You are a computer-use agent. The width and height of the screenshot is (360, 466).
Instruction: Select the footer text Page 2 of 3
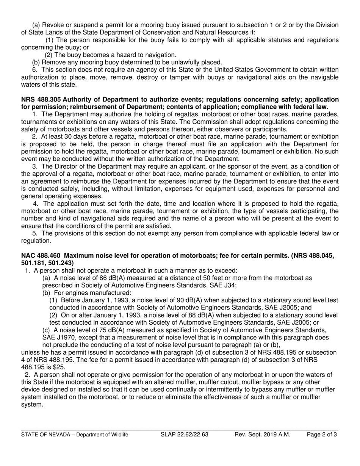[321, 435]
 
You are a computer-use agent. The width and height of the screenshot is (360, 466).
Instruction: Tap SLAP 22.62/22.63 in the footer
[185, 435]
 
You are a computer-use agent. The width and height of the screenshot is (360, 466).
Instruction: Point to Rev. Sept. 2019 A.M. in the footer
[262, 435]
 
